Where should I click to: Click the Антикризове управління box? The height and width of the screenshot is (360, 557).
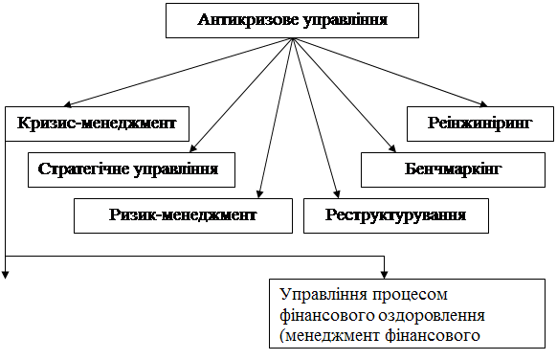292,21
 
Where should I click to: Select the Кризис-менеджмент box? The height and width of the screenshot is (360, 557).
97,124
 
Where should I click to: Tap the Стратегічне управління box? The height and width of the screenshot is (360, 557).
131,169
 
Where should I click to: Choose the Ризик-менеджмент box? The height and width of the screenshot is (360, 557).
183,215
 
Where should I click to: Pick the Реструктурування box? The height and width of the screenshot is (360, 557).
395,215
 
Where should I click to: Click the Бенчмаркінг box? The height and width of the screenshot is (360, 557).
453,169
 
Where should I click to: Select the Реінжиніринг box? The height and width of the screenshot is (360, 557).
480,124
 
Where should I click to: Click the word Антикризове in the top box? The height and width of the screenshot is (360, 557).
245,20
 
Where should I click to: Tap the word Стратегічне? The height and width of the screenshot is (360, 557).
83,169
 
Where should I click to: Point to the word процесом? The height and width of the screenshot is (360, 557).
410,295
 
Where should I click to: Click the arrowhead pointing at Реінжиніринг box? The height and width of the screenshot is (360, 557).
483,103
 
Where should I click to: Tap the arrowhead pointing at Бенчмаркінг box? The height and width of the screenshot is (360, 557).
392,148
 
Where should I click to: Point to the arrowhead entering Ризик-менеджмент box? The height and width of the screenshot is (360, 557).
259,194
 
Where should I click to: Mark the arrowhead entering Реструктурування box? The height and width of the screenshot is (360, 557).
337,194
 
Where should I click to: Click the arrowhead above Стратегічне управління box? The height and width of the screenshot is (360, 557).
193,148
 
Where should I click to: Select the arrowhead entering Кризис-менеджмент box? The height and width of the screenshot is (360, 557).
68,104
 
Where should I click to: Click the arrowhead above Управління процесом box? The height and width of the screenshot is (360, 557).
385,275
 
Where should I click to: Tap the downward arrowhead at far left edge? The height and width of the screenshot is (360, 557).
6,275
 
